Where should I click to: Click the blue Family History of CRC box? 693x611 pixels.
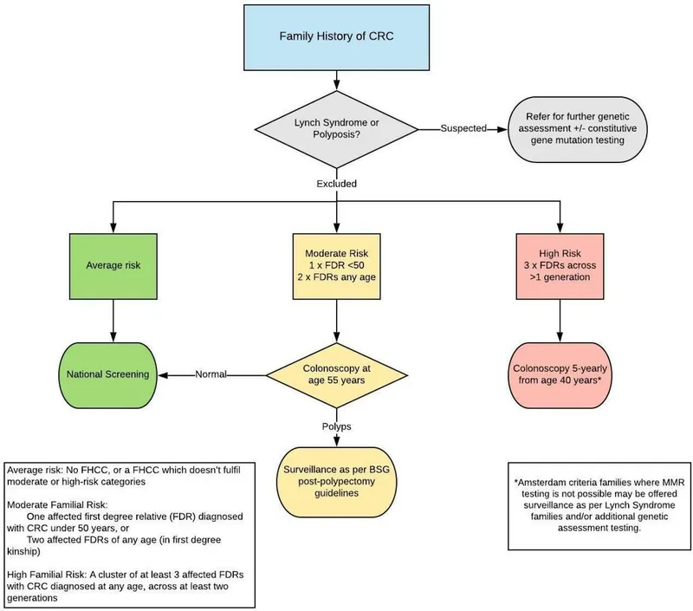click(336, 37)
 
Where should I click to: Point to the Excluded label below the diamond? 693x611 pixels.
click(336, 185)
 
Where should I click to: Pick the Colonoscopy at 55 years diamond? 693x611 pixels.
click(336, 374)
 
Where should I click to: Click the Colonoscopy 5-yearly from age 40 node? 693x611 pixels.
click(559, 374)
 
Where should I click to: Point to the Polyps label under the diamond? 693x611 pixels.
click(336, 427)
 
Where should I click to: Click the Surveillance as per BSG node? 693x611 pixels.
click(336, 478)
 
